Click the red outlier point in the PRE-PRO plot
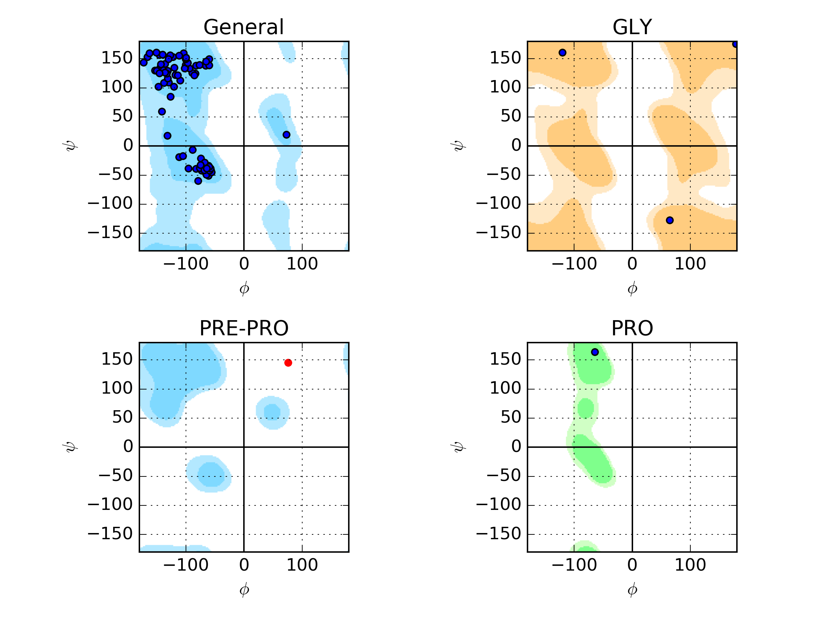click(288, 363)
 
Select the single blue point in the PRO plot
click(595, 352)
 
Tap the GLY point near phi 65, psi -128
click(670, 220)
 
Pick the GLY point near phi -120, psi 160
click(562, 53)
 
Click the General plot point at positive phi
click(286, 135)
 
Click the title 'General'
click(244, 27)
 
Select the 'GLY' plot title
click(632, 27)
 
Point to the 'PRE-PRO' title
click(244, 328)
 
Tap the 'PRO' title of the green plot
click(632, 328)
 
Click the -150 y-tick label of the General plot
click(110, 233)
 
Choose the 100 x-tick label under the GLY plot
click(690, 264)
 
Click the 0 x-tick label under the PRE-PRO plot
click(244, 565)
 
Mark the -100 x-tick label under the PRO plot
click(574, 565)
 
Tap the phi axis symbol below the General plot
click(244, 289)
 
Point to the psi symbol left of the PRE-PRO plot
click(71, 447)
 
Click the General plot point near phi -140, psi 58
click(162, 111)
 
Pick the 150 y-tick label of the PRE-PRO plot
click(117, 359)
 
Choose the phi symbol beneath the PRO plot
click(632, 590)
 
